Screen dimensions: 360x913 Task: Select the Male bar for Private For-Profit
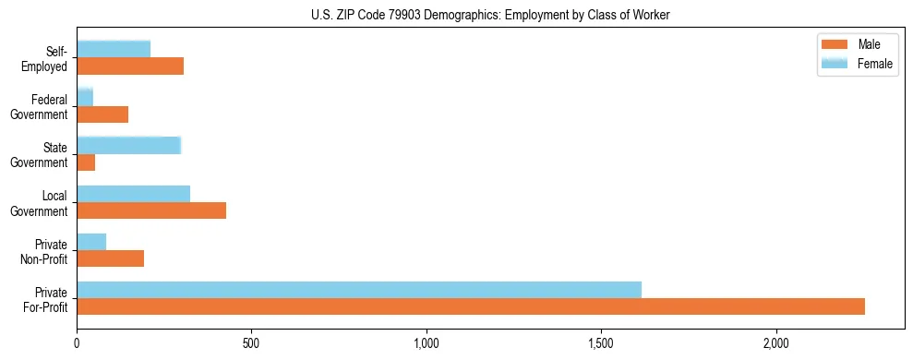[x=471, y=306]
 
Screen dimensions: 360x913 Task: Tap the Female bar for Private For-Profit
[x=359, y=289]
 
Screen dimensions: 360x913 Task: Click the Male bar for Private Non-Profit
[x=111, y=258]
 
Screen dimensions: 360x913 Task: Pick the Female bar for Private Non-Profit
[x=91, y=241]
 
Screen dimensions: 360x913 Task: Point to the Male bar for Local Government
[x=151, y=210]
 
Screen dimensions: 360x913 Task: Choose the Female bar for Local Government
[x=134, y=193]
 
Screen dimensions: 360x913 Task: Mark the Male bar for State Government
[x=86, y=162]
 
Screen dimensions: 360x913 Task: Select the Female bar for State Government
[x=129, y=145]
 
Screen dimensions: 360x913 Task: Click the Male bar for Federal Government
[x=102, y=114]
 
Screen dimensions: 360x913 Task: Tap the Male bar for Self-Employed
[x=130, y=66]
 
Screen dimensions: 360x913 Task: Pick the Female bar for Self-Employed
[x=114, y=49]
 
